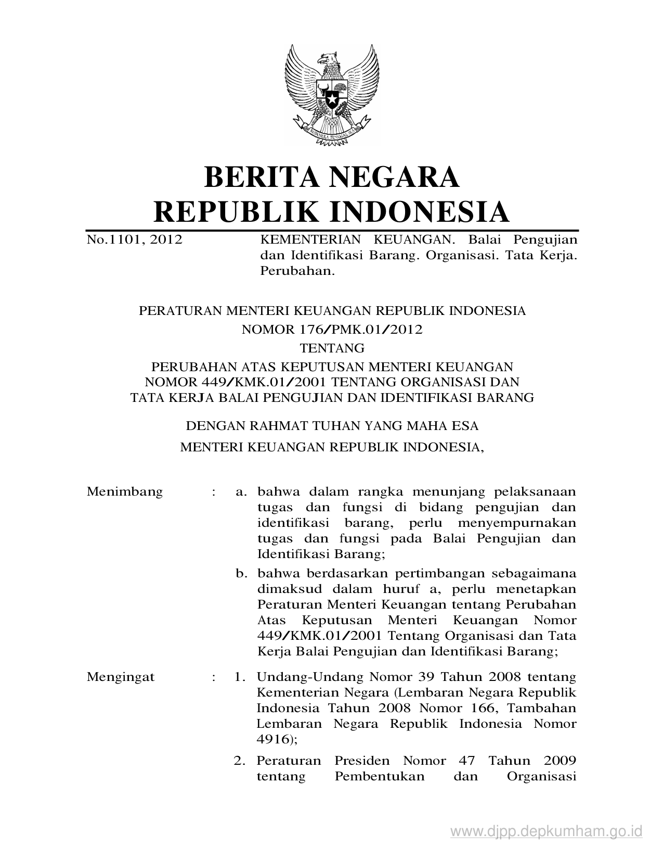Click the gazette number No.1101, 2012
point(134,239)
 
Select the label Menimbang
point(125,491)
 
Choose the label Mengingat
point(121,677)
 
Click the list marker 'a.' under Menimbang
point(240,491)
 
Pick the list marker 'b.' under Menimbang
point(240,574)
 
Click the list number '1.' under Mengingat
point(239,677)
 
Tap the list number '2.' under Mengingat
point(239,761)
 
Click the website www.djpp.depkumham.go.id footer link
point(547,831)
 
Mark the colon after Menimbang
point(214,492)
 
